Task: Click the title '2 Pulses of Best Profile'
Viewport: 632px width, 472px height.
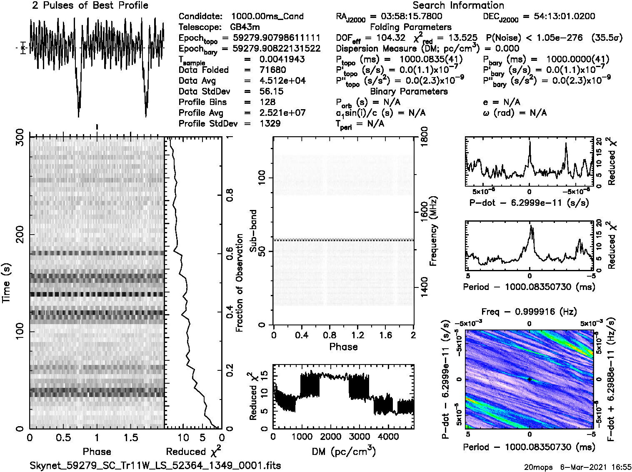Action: (90, 5)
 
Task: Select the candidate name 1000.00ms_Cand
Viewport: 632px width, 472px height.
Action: (267, 16)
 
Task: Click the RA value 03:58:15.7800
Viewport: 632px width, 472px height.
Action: (406, 16)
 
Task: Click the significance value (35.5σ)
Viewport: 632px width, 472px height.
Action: (607, 38)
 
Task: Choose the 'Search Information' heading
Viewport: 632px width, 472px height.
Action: (458, 5)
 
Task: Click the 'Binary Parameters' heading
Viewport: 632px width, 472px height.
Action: (409, 91)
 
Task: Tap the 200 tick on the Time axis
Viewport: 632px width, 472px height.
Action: (19, 234)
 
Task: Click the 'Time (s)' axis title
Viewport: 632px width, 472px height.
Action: (6, 283)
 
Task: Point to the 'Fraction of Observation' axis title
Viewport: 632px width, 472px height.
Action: (240, 283)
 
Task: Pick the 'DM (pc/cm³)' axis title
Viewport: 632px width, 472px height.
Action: (343, 451)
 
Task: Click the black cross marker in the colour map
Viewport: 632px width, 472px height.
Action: (529, 380)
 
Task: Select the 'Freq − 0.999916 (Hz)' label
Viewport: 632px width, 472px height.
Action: (529, 312)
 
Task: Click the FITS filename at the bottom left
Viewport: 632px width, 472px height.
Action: (155, 465)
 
